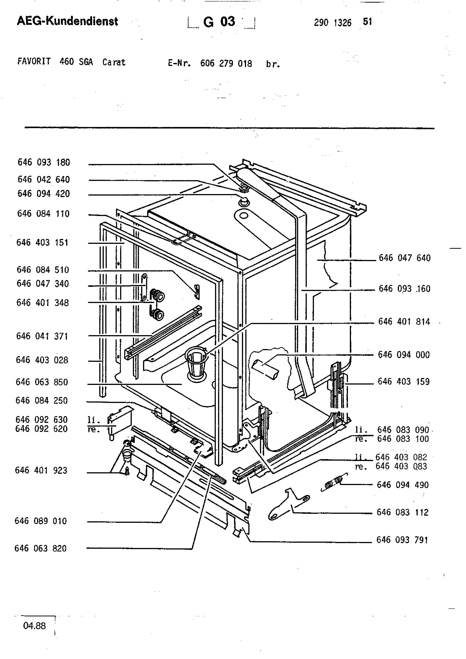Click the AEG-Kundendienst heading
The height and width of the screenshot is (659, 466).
pyautogui.click(x=67, y=21)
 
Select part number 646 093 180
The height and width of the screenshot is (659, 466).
pyautogui.click(x=44, y=162)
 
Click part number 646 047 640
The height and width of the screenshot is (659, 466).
pyautogui.click(x=405, y=258)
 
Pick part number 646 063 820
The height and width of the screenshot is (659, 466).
pyautogui.click(x=40, y=549)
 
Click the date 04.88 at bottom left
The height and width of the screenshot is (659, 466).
pyautogui.click(x=34, y=626)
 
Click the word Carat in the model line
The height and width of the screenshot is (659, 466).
pyautogui.click(x=114, y=62)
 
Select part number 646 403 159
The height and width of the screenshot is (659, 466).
pyautogui.click(x=403, y=382)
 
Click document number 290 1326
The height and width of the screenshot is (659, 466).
pyautogui.click(x=333, y=23)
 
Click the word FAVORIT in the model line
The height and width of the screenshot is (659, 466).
pyautogui.click(x=34, y=61)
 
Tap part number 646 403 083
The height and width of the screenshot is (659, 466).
pyautogui.click(x=401, y=466)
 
